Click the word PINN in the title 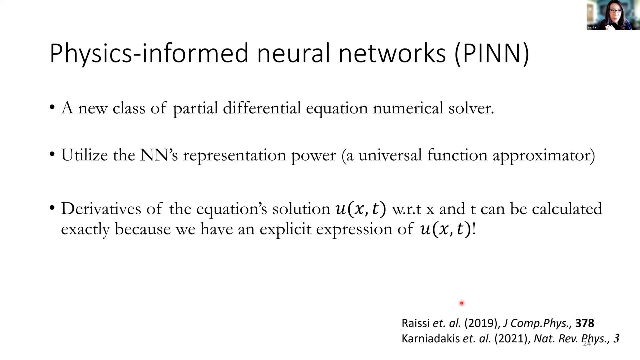tap(492, 53)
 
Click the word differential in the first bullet tap(262, 108)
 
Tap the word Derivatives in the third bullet tap(101, 209)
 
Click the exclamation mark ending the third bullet tap(474, 229)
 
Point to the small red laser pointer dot tap(462, 303)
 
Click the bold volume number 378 tap(585, 323)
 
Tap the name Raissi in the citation tap(416, 323)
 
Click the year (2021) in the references tap(512, 339)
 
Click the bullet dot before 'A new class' tap(52, 108)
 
